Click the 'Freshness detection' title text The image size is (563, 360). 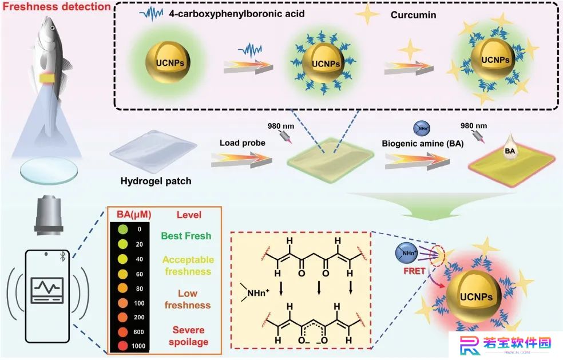coord(57,6)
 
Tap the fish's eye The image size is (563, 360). coord(53,28)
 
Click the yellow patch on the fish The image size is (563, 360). coord(47,77)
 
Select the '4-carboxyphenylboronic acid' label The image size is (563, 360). coord(237,14)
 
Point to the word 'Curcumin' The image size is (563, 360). coord(413,15)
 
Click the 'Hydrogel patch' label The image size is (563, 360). coord(156,181)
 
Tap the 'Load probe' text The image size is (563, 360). coord(243,143)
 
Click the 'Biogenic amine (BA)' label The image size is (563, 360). coord(423,143)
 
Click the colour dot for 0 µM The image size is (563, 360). coord(123,229)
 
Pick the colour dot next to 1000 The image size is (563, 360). coord(123,346)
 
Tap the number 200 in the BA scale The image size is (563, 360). coord(139,317)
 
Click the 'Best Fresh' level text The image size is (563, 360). coord(186,236)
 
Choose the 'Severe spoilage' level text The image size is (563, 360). coord(188,335)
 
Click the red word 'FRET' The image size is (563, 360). coord(414,271)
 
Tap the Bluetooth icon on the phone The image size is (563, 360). coord(62,256)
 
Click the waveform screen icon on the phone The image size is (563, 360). coord(47,290)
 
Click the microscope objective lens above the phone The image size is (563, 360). coord(49,215)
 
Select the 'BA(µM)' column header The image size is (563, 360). coord(134,215)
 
